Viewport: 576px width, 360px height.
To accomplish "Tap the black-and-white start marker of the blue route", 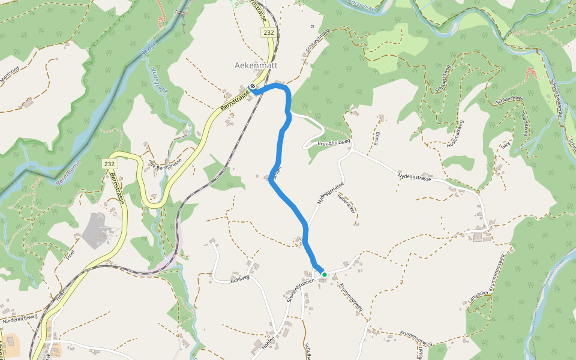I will tap(253, 86).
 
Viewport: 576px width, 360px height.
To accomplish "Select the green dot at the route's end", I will tap(325, 275).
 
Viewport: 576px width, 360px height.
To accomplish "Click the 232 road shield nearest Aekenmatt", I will tap(268, 32).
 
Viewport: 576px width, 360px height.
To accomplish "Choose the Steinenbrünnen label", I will tap(296, 290).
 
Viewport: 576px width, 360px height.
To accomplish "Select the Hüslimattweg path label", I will tap(455, 134).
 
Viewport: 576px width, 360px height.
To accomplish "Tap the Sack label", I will tap(505, 145).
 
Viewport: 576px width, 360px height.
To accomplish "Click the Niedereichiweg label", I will tap(20, 319).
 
